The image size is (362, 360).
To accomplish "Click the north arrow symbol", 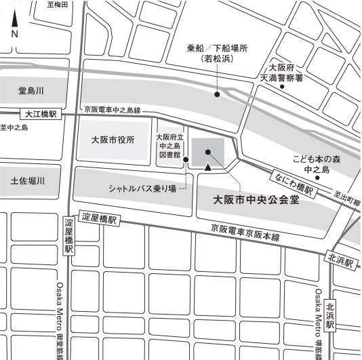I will [14, 22].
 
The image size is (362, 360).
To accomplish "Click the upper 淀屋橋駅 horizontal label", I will [100, 219].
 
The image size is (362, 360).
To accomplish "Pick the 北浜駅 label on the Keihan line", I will [340, 258].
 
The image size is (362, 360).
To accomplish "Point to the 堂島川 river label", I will [31, 91].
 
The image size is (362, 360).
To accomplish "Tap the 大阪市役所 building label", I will [113, 140].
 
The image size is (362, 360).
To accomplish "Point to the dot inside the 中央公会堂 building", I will [207, 153].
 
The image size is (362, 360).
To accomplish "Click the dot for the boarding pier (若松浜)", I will [217, 94].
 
